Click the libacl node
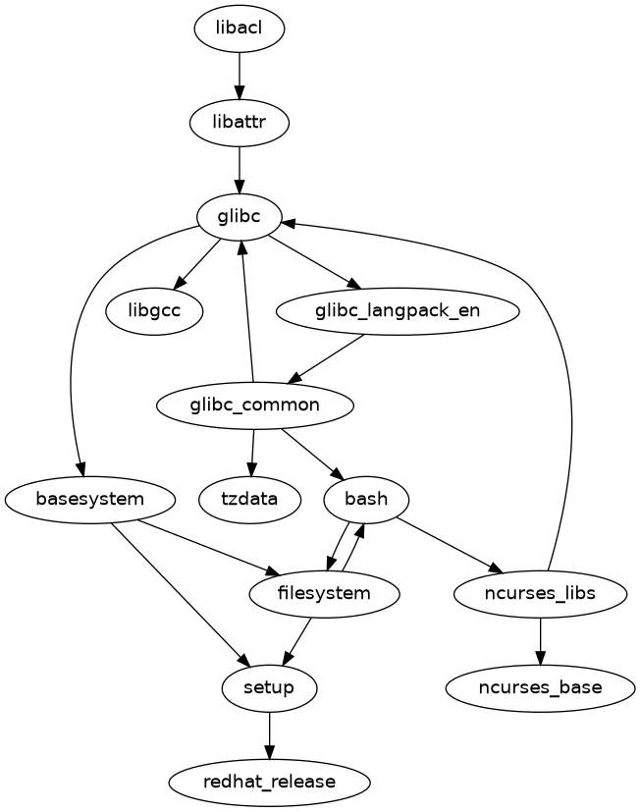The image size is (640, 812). click(x=240, y=29)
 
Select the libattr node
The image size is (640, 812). click(x=240, y=123)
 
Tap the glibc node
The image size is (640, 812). click(x=240, y=217)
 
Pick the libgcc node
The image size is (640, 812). click(x=154, y=311)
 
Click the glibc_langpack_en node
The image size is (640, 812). click(x=398, y=311)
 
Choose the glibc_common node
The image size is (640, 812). click(x=254, y=405)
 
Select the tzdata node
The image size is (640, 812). click(x=249, y=499)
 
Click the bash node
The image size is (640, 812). click(x=366, y=499)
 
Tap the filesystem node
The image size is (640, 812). click(x=325, y=593)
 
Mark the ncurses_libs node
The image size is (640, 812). click(x=541, y=593)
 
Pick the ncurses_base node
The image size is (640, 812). click(x=539, y=687)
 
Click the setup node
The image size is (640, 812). click(x=269, y=687)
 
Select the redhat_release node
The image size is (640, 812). click(x=269, y=782)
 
